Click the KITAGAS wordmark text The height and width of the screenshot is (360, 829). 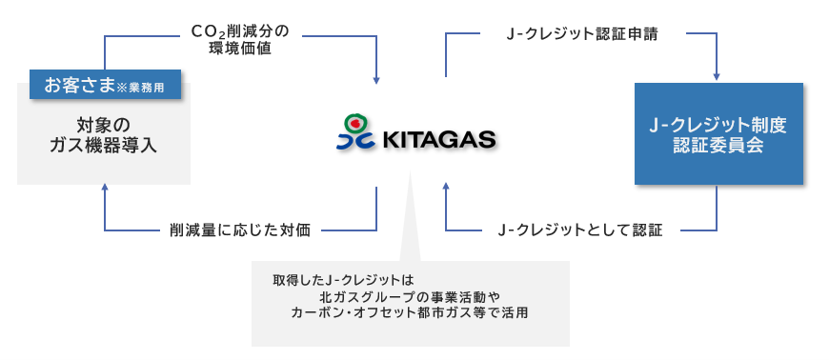438,140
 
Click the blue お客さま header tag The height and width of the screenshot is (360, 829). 105,85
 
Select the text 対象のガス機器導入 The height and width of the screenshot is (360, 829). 103,135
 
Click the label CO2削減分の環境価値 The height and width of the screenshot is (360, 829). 240,40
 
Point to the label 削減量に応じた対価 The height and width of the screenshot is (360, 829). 240,231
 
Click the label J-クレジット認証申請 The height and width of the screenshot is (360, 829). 581,35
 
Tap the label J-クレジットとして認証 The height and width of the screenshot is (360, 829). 580,231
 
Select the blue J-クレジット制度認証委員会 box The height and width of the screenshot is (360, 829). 718,133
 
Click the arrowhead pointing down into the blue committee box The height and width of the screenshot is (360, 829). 717,76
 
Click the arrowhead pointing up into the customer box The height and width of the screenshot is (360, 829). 105,188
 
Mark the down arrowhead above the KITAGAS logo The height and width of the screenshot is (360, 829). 376,80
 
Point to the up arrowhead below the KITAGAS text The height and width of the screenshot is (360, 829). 446,186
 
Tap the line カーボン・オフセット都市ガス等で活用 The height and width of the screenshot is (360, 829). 409,312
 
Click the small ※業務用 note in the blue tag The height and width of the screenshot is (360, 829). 140,88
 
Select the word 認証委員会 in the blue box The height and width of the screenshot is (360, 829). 718,146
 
